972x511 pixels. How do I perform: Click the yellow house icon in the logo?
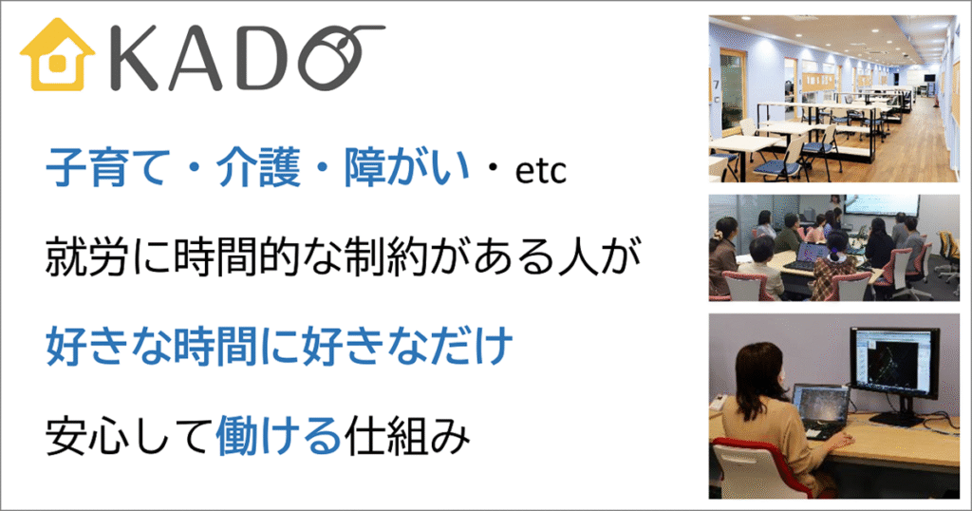point(57,56)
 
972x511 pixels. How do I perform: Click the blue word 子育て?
point(107,167)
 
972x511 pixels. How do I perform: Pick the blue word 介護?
point(258,167)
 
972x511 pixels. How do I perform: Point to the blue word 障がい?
point(406,167)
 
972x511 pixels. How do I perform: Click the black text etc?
point(540,171)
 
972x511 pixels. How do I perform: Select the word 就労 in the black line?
point(87,255)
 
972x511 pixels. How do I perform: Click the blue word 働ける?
point(279,435)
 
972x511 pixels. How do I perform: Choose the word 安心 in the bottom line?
point(87,435)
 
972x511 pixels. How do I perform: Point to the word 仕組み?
point(407,435)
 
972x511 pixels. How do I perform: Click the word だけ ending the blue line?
point(471,345)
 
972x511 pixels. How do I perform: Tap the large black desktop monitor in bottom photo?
point(894,366)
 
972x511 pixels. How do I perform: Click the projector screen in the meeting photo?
point(883,204)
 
